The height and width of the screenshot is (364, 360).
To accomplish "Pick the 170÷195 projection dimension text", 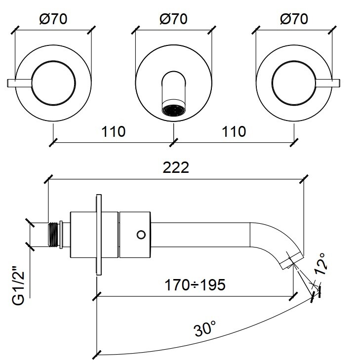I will point(196,285).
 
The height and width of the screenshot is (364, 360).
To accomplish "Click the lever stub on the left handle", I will point(20,82).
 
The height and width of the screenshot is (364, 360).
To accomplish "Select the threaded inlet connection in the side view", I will point(54,233).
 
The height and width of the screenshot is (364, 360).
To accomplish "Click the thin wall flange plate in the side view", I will point(98,234).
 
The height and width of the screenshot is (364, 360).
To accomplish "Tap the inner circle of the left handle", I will point(53,82).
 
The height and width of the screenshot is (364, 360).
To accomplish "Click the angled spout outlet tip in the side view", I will point(291,259).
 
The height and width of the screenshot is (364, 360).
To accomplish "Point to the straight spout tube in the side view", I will point(202,233).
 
